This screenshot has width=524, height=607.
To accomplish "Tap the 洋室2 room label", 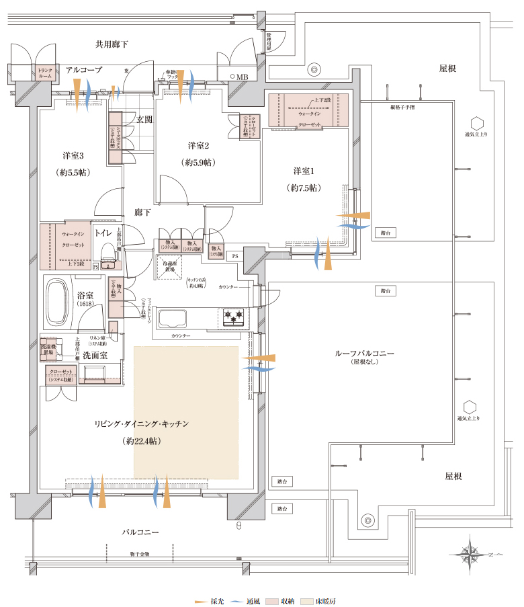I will click(x=200, y=145).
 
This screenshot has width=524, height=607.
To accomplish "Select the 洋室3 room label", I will click(x=73, y=155).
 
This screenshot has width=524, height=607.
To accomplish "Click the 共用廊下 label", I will click(x=112, y=44).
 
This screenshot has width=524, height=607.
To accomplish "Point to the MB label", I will click(x=241, y=77).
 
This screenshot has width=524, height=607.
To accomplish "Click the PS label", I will click(x=234, y=255).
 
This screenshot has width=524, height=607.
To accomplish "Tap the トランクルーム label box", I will click(x=45, y=73).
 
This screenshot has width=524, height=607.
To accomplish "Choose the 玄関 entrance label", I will click(x=144, y=120).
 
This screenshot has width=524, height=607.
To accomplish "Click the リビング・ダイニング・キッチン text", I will click(x=142, y=423).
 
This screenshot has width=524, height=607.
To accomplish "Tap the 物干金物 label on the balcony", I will click(x=140, y=554).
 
